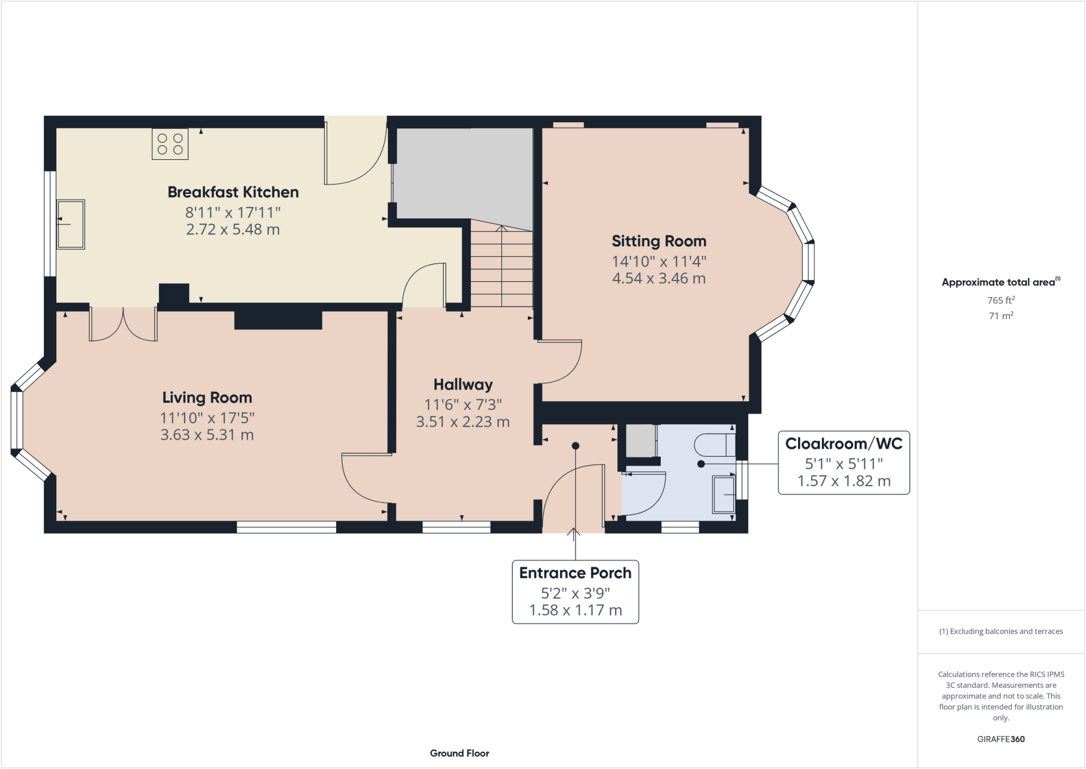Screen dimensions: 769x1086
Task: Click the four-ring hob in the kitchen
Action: (170, 144)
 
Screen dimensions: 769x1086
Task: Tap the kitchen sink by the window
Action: (71, 224)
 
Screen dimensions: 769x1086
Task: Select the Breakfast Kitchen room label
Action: (233, 192)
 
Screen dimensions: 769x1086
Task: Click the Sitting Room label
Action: (659, 241)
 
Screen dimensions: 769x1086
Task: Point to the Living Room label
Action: (207, 398)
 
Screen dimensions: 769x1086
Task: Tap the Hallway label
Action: (463, 384)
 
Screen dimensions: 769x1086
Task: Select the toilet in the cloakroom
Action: (715, 445)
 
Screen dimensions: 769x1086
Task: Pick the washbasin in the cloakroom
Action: (723, 495)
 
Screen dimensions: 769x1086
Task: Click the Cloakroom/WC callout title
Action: (844, 444)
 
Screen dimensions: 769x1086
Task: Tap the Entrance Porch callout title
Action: (575, 573)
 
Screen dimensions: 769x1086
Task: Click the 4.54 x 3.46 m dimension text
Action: (659, 278)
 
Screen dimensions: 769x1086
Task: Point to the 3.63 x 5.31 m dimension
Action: (207, 435)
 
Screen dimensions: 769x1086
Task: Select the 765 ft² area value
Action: (1001, 300)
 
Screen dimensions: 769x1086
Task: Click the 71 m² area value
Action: (1001, 316)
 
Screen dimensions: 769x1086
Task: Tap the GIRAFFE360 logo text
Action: (1001, 739)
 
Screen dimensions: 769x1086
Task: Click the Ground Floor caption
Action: (459, 753)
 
